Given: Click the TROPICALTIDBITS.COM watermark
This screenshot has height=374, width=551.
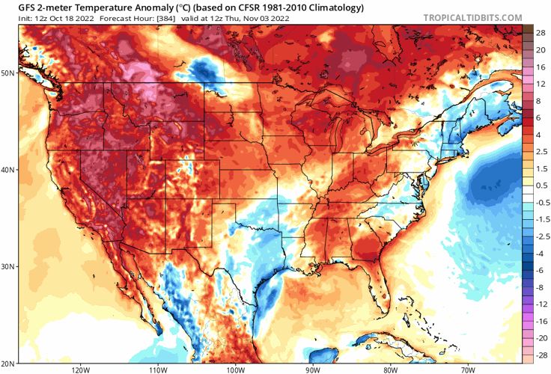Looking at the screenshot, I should click(472, 16).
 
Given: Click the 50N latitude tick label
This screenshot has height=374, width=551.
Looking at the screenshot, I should click(7, 73).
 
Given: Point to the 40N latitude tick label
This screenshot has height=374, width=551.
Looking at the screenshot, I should click(7, 170).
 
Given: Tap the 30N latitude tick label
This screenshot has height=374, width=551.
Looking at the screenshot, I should click(7, 267).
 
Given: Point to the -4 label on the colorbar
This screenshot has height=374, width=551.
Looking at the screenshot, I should click(538, 254).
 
